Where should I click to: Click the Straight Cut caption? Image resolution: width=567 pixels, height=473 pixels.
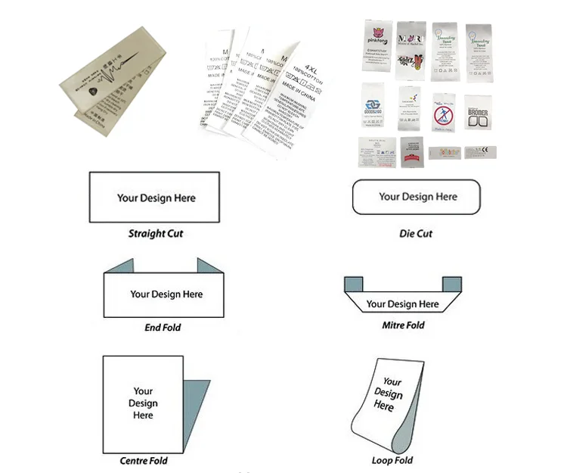[x=156, y=234]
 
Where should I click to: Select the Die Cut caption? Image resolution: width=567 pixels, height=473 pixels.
[x=416, y=234]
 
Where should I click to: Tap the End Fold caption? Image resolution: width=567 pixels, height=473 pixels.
[x=163, y=328]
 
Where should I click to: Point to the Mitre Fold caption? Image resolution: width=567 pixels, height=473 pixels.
[x=403, y=325]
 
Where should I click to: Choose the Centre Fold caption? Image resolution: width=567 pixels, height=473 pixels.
[x=144, y=460]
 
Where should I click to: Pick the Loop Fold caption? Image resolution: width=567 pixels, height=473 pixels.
[x=392, y=460]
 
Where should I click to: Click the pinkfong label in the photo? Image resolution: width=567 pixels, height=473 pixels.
[x=376, y=49]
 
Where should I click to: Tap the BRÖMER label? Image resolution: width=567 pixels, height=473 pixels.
[x=478, y=116]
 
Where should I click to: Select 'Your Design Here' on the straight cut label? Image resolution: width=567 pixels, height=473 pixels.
[x=156, y=198]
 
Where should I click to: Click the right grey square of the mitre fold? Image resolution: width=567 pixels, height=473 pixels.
[x=451, y=284]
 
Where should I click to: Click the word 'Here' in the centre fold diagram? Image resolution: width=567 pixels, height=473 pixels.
[x=143, y=415]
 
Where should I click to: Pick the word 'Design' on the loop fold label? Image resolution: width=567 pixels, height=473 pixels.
[x=388, y=394]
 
